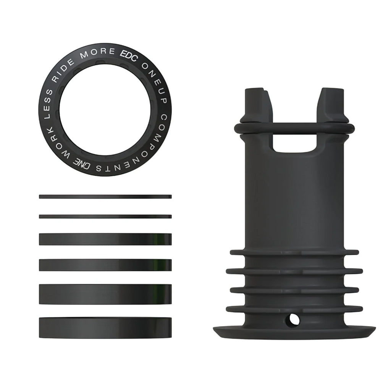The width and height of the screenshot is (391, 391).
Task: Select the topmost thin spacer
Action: (x=105, y=197)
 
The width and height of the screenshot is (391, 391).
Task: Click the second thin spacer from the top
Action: (x=105, y=217)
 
